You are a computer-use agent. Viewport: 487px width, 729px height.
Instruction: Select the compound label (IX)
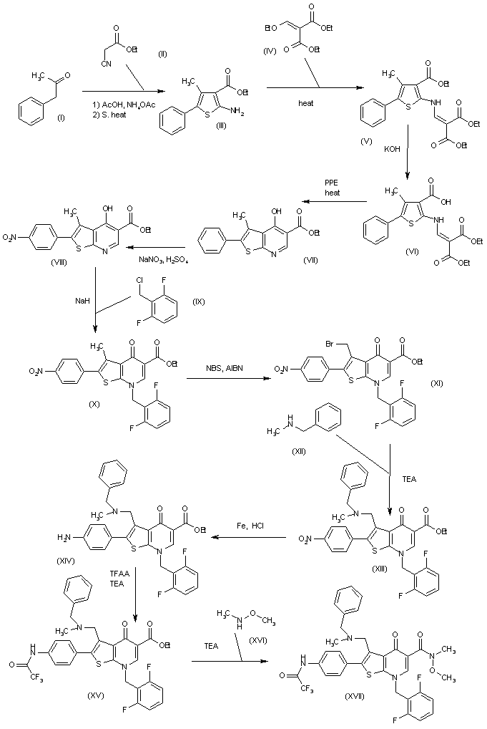tap(200, 301)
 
